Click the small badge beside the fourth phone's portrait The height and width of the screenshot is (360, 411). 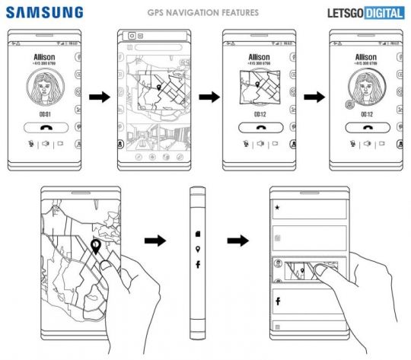[x=349, y=105]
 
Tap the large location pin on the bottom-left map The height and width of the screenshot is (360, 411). [x=97, y=249]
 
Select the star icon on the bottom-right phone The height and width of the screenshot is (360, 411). [x=278, y=207]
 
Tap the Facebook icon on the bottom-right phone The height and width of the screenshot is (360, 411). [x=278, y=301]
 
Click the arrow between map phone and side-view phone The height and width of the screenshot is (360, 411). [x=155, y=242]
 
